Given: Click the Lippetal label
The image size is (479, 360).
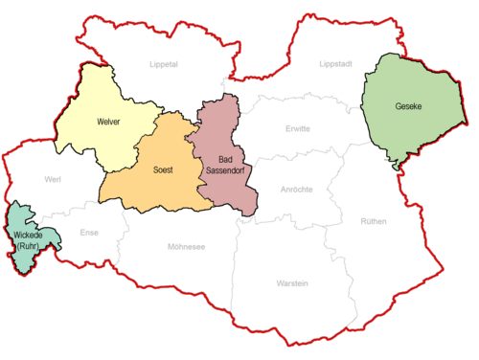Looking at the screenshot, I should (x=165, y=64).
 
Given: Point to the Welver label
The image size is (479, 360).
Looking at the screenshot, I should (x=107, y=122).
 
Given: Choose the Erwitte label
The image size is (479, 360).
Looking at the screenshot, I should (x=299, y=128).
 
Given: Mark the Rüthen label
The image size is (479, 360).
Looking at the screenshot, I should (x=374, y=221).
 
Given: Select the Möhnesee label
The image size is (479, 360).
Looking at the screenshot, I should (x=186, y=247).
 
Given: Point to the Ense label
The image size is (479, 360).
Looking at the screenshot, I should (x=89, y=233).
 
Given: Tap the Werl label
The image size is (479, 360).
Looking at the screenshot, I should (x=52, y=179).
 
